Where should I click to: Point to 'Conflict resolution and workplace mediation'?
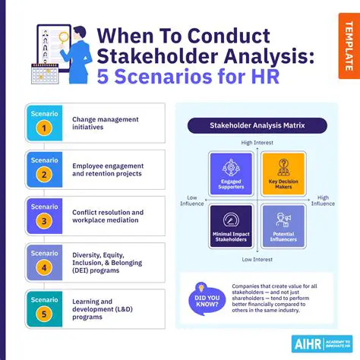[108, 216]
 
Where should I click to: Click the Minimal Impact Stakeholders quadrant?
[231, 226]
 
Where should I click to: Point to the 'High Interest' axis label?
[257, 143]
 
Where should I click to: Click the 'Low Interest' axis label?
[257, 258]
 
